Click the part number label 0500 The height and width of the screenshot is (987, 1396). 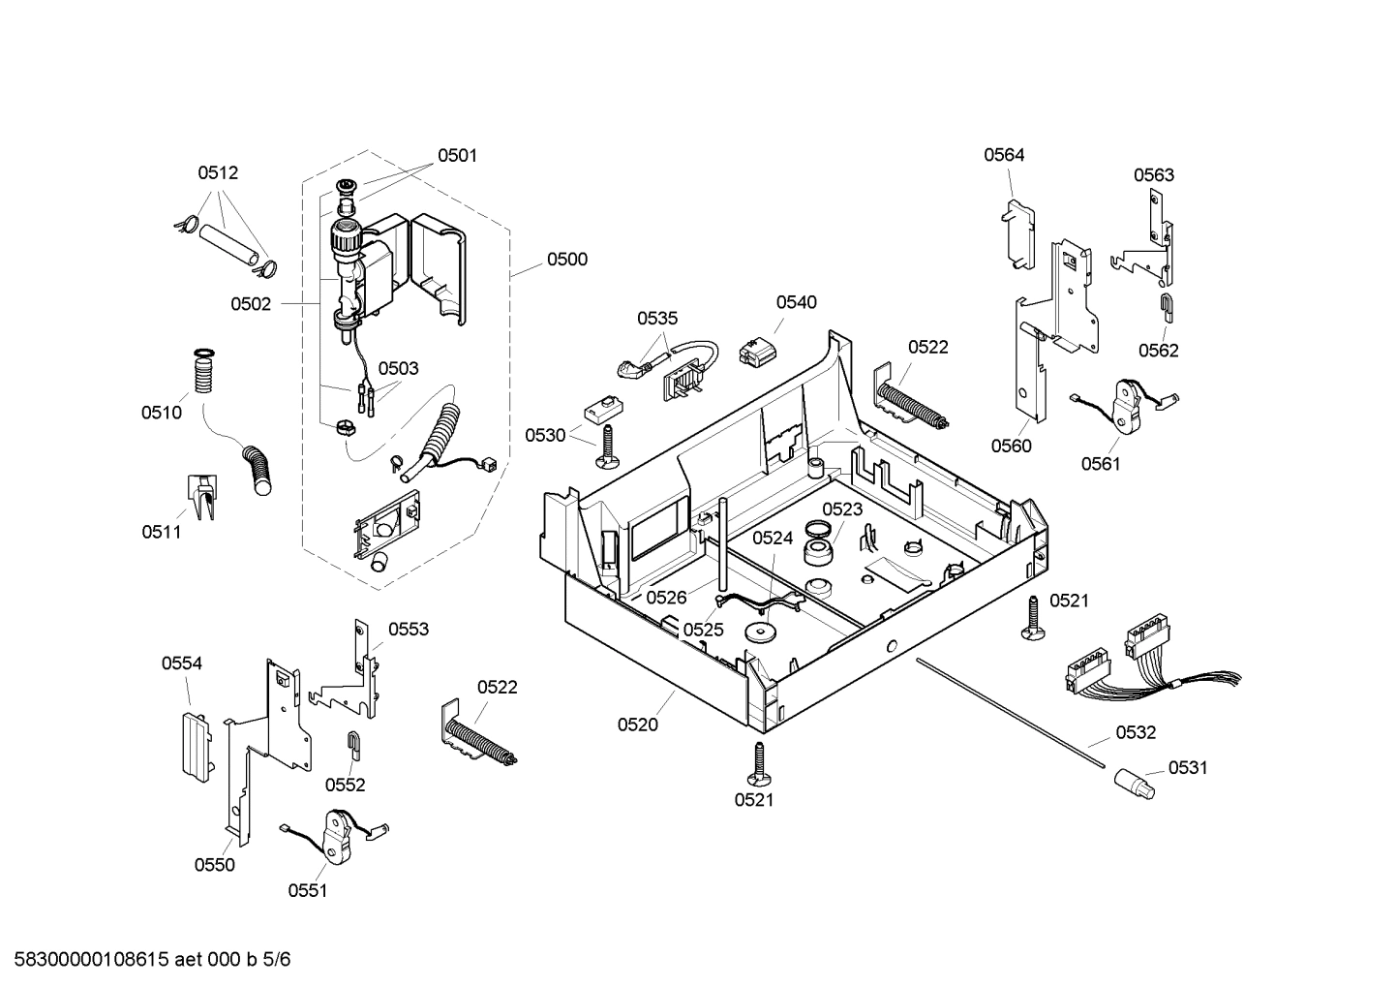566,259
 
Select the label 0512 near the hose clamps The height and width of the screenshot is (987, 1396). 218,173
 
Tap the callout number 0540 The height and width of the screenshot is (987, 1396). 796,302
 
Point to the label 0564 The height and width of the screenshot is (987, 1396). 1004,155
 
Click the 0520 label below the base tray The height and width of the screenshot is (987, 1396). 638,725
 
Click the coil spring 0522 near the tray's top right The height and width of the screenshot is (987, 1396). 912,401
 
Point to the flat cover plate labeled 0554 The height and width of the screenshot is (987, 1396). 194,745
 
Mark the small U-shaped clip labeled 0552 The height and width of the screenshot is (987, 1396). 354,744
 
